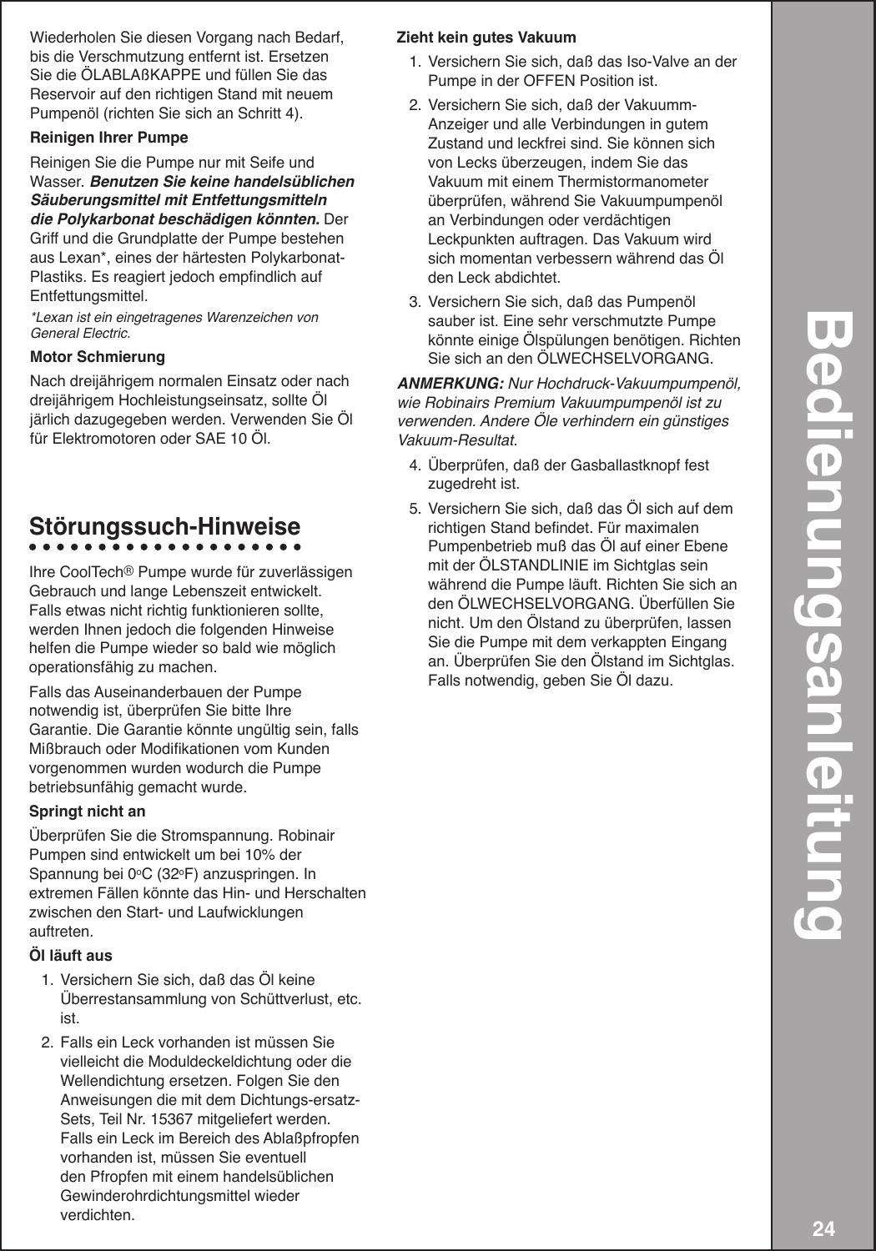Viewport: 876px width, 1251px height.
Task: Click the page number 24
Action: [823, 1228]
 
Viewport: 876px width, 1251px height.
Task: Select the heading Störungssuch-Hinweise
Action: [164, 527]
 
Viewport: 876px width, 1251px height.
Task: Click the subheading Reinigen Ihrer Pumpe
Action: [108, 137]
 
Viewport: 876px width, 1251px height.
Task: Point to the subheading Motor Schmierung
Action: [97, 356]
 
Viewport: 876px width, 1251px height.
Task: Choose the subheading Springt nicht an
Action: [87, 811]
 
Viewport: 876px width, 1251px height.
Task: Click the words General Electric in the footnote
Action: [80, 333]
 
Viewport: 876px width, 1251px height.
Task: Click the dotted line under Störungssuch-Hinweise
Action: [164, 549]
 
